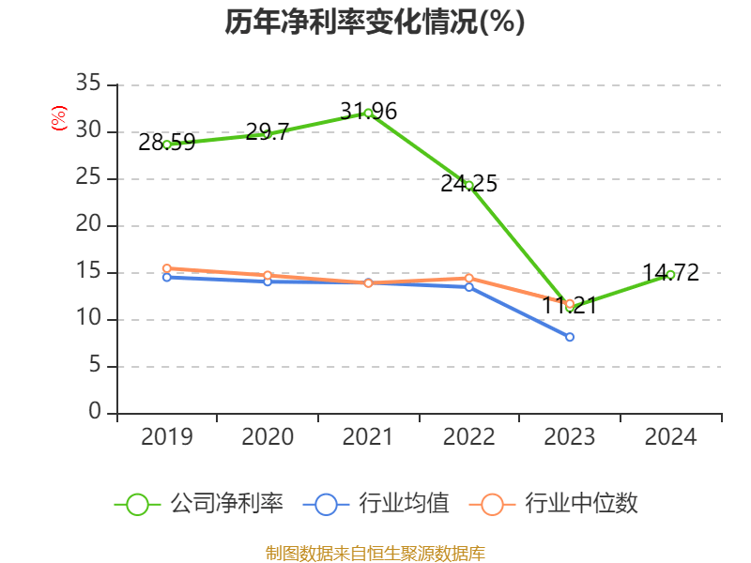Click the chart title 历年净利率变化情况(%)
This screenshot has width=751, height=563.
pos(375,23)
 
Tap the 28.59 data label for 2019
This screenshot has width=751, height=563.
pos(166,143)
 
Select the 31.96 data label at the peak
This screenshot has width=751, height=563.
pos(368,112)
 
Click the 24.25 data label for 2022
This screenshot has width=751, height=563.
pos(468,184)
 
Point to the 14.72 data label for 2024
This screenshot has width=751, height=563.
pos(670,273)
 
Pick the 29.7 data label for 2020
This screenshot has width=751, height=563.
pos(267,132)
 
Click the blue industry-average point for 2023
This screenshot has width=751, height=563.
pos(570,337)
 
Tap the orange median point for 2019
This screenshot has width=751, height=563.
pos(166,268)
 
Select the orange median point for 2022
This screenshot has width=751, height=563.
pos(468,278)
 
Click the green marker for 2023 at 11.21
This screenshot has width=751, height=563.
pos(570,304)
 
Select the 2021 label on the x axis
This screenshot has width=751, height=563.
pos(368,437)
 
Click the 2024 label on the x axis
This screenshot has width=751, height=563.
pos(670,437)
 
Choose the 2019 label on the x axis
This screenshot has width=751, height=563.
pos(166,437)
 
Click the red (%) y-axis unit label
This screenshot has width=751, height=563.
pos(59,118)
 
